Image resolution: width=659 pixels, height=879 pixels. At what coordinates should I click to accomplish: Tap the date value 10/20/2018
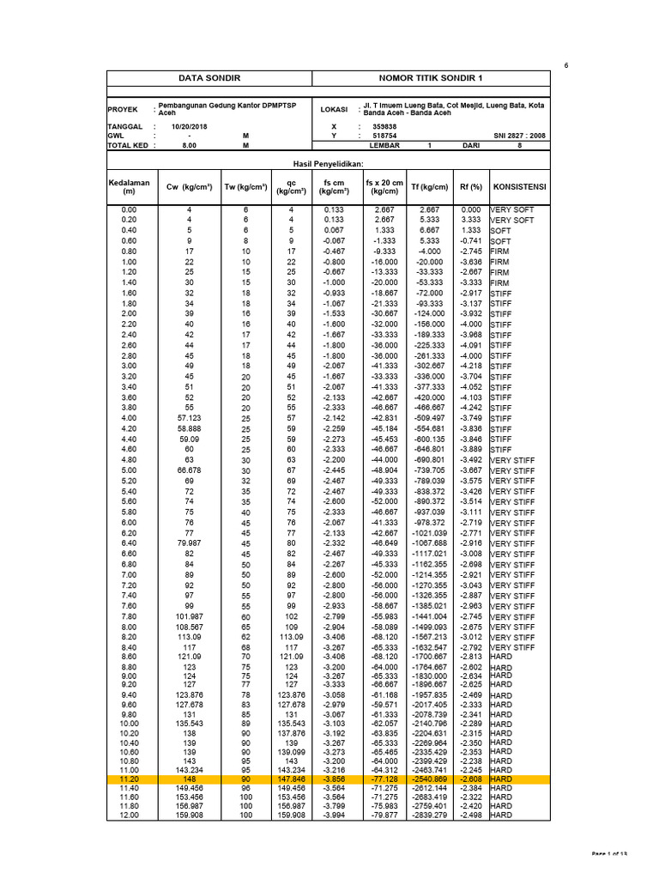click(190, 126)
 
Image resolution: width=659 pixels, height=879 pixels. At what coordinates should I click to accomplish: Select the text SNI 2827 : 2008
click(519, 136)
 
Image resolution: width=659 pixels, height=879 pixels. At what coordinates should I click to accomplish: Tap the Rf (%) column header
click(471, 186)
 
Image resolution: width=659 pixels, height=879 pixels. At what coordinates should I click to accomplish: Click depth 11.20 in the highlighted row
click(129, 778)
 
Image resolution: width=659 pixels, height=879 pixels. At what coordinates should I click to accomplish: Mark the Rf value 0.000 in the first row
click(471, 209)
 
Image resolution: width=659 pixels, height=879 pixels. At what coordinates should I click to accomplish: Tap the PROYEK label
click(122, 110)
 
